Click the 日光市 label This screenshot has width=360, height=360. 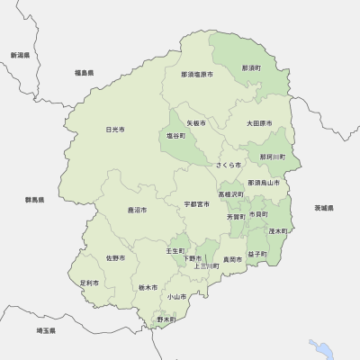(x=114, y=130)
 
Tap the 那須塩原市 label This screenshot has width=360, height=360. (x=197, y=74)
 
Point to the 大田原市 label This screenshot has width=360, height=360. (x=260, y=122)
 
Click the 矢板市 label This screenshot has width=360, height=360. (x=196, y=122)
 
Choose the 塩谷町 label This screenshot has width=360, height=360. (x=175, y=135)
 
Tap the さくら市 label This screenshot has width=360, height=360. (x=229, y=166)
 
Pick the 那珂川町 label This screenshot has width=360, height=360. (x=272, y=157)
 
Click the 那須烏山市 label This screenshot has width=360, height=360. (x=264, y=183)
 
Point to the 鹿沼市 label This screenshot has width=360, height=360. (x=138, y=210)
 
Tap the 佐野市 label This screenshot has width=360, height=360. (x=115, y=258)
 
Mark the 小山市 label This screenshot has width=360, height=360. (x=175, y=296)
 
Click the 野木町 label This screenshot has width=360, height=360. (x=166, y=319)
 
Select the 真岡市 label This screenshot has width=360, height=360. (x=231, y=259)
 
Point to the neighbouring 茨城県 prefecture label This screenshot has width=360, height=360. (x=324, y=208)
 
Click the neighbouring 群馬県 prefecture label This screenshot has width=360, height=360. (x=33, y=200)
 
